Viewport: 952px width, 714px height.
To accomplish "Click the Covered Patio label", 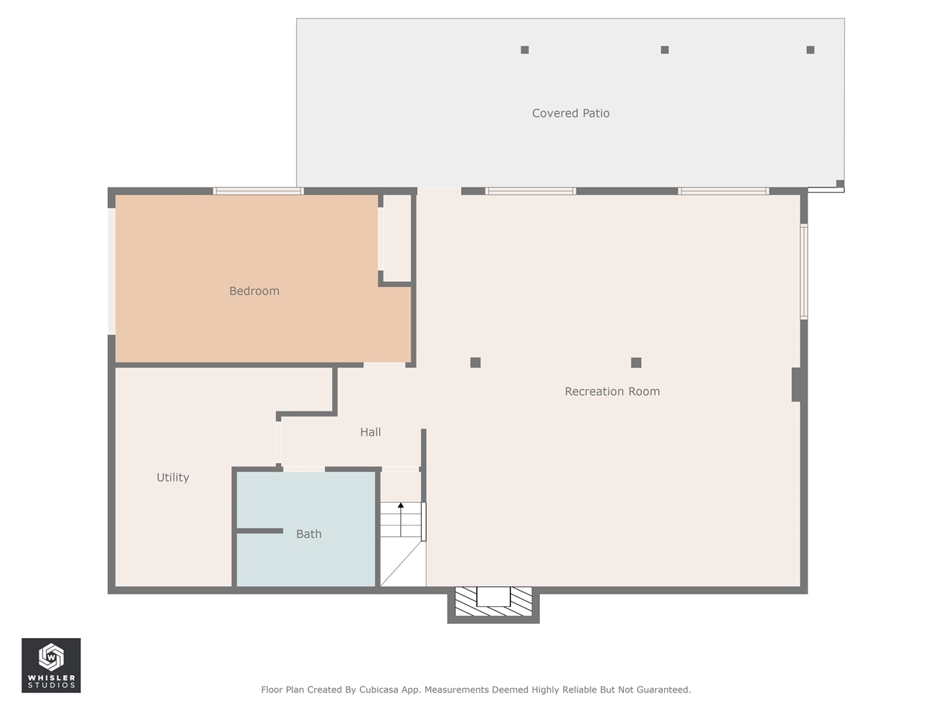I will click(570, 113).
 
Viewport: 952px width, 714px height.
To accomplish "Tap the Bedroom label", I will click(254, 291).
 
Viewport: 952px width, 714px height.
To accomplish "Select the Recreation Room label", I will click(612, 391).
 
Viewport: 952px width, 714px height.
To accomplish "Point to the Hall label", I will click(370, 432).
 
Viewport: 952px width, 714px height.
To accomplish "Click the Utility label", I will click(173, 477).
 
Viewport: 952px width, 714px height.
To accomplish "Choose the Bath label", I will click(309, 534).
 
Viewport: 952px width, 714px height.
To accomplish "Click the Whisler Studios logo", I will click(51, 665).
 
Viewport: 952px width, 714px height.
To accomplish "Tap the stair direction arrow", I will click(401, 513).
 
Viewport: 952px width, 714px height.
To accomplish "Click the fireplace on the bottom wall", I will click(493, 602).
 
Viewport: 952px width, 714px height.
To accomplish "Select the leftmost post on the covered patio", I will click(525, 50).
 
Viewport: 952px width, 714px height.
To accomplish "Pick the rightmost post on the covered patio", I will click(811, 50).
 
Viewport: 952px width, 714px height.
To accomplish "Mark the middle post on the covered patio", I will click(665, 50).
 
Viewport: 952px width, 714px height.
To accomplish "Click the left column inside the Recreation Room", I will click(475, 363).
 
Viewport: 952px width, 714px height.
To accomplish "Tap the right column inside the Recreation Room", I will click(636, 363).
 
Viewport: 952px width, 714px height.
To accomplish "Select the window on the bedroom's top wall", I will click(258, 191).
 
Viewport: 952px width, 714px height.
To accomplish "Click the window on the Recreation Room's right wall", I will click(804, 271).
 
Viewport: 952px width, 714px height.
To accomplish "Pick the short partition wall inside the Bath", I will click(260, 531).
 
